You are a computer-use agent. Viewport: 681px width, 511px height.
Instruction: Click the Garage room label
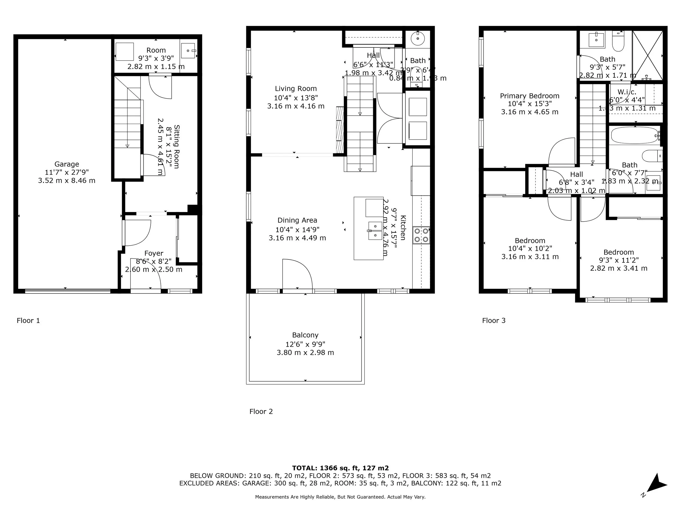pyautogui.click(x=66, y=164)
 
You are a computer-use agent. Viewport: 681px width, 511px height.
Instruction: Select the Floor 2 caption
pyautogui.click(x=261, y=412)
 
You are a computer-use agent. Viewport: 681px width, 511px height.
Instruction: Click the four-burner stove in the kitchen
pyautogui.click(x=421, y=235)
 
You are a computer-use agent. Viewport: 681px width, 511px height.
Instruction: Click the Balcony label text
pyautogui.click(x=305, y=335)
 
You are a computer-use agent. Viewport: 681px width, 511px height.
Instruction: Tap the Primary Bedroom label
pyautogui.click(x=530, y=96)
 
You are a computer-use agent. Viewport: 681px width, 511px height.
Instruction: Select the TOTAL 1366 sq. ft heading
pyautogui.click(x=340, y=468)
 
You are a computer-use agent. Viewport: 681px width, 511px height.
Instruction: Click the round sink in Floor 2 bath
pyautogui.click(x=418, y=38)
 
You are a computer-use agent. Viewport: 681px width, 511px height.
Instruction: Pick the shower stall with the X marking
pyautogui.click(x=647, y=56)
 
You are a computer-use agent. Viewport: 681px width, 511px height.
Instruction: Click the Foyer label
pyautogui.click(x=154, y=253)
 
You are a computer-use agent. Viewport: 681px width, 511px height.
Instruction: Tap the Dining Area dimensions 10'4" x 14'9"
pyautogui.click(x=297, y=229)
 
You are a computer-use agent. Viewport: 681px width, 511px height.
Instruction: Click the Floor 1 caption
pyautogui.click(x=28, y=321)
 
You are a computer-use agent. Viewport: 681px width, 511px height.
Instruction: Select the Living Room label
pyautogui.click(x=296, y=89)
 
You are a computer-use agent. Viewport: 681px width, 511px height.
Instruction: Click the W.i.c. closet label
pyautogui.click(x=627, y=92)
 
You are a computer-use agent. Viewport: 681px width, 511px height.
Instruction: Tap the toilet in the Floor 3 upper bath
pyautogui.click(x=618, y=42)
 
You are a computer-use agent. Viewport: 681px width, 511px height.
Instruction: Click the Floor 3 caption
pyautogui.click(x=494, y=321)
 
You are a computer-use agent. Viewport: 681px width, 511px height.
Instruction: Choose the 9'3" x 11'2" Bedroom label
pyautogui.click(x=619, y=252)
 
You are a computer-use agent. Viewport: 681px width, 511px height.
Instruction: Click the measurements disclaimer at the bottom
pyautogui.click(x=340, y=497)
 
